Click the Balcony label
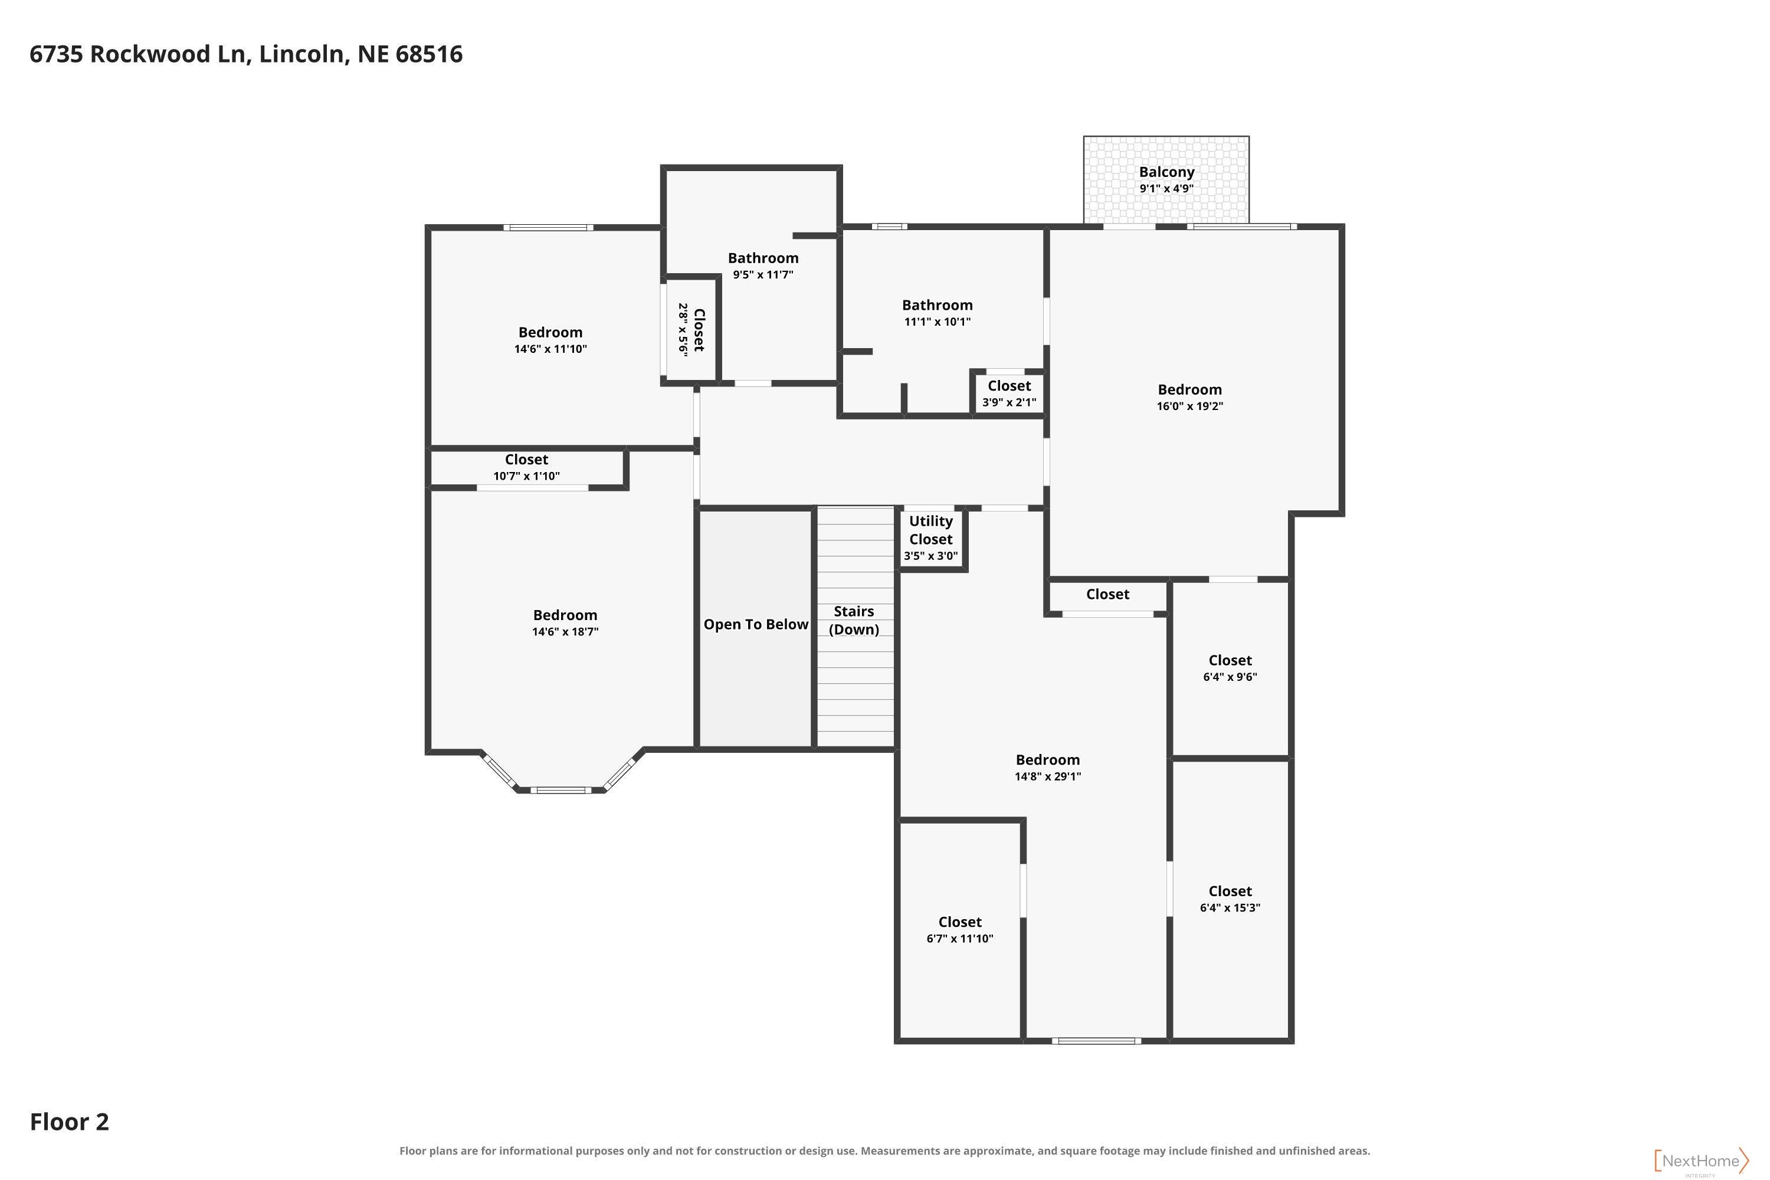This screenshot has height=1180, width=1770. coord(1166,172)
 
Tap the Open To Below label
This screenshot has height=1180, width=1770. coord(756,625)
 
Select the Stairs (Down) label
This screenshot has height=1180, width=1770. coord(853,620)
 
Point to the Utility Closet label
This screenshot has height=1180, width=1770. coord(931,530)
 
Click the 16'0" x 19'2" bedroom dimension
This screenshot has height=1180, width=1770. coord(1190,407)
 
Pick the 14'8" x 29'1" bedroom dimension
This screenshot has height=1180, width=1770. coord(1048,776)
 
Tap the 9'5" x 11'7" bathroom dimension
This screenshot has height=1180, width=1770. coord(763,275)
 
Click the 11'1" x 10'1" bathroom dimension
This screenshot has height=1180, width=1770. coord(937,322)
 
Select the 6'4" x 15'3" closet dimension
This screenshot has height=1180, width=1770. coord(1230,907)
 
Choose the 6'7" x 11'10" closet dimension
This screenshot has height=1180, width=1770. coord(959,939)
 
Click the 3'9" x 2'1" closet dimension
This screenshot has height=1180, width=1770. coord(1009,402)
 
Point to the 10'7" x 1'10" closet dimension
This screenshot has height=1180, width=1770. coord(526,476)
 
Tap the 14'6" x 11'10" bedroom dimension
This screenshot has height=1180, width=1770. coord(550,349)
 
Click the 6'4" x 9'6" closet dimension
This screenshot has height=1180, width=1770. coord(1230,677)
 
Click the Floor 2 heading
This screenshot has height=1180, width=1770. coord(69,1122)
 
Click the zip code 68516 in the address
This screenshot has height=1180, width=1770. coord(428,54)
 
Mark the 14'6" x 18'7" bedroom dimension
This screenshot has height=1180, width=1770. coord(565,632)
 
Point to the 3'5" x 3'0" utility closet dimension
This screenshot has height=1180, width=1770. coord(931,556)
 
